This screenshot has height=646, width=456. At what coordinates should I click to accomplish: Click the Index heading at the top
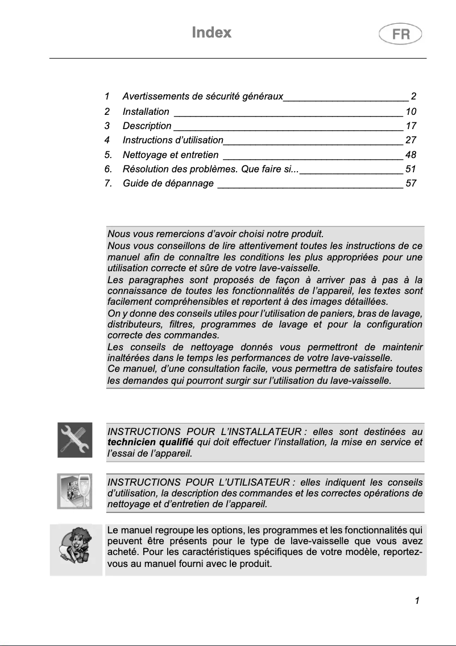[212, 32]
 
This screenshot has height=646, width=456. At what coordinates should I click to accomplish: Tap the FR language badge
[400, 34]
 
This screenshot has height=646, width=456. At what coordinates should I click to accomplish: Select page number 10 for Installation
[411, 112]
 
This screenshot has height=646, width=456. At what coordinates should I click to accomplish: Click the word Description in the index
[147, 126]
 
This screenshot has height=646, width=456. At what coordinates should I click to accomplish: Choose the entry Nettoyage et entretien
[171, 155]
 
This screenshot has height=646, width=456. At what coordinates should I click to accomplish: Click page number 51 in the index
[411, 169]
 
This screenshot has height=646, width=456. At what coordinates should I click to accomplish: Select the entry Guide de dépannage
[168, 183]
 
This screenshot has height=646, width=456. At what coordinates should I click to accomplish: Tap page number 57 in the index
[411, 183]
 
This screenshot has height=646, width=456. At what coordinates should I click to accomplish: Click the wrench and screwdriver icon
[75, 440]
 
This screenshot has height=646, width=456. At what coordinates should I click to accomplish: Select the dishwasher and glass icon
[75, 491]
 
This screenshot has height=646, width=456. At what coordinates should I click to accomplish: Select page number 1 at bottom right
[417, 601]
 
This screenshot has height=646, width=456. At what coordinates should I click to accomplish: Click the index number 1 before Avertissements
[107, 97]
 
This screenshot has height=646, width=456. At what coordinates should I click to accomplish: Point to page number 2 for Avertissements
[414, 97]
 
